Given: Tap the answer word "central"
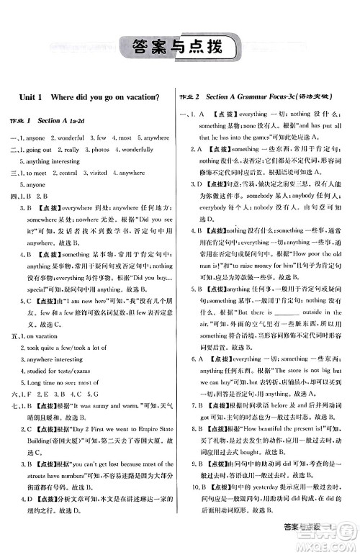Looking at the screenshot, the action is tap(68, 173).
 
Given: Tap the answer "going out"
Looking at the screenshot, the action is tap(40, 149).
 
